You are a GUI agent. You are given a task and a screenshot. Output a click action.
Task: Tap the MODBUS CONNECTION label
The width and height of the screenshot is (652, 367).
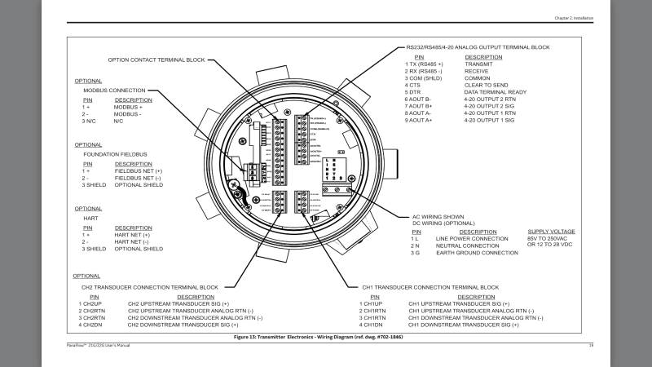[114, 90]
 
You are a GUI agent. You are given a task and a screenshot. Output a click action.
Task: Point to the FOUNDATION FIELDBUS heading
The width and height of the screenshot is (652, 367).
[114, 154]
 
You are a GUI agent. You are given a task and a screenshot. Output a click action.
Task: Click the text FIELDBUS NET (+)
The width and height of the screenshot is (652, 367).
[139, 170]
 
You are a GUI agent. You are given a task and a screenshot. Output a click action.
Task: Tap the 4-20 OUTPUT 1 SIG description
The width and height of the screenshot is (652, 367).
[494, 120]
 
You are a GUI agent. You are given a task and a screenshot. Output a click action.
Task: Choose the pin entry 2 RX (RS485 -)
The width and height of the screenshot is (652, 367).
[424, 71]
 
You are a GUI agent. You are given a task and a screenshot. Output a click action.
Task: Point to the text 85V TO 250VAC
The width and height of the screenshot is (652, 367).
[552, 238]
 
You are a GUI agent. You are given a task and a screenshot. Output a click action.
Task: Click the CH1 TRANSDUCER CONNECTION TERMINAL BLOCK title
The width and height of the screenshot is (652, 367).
[430, 287]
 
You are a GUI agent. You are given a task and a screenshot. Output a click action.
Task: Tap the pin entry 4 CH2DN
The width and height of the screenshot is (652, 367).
[91, 325]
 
